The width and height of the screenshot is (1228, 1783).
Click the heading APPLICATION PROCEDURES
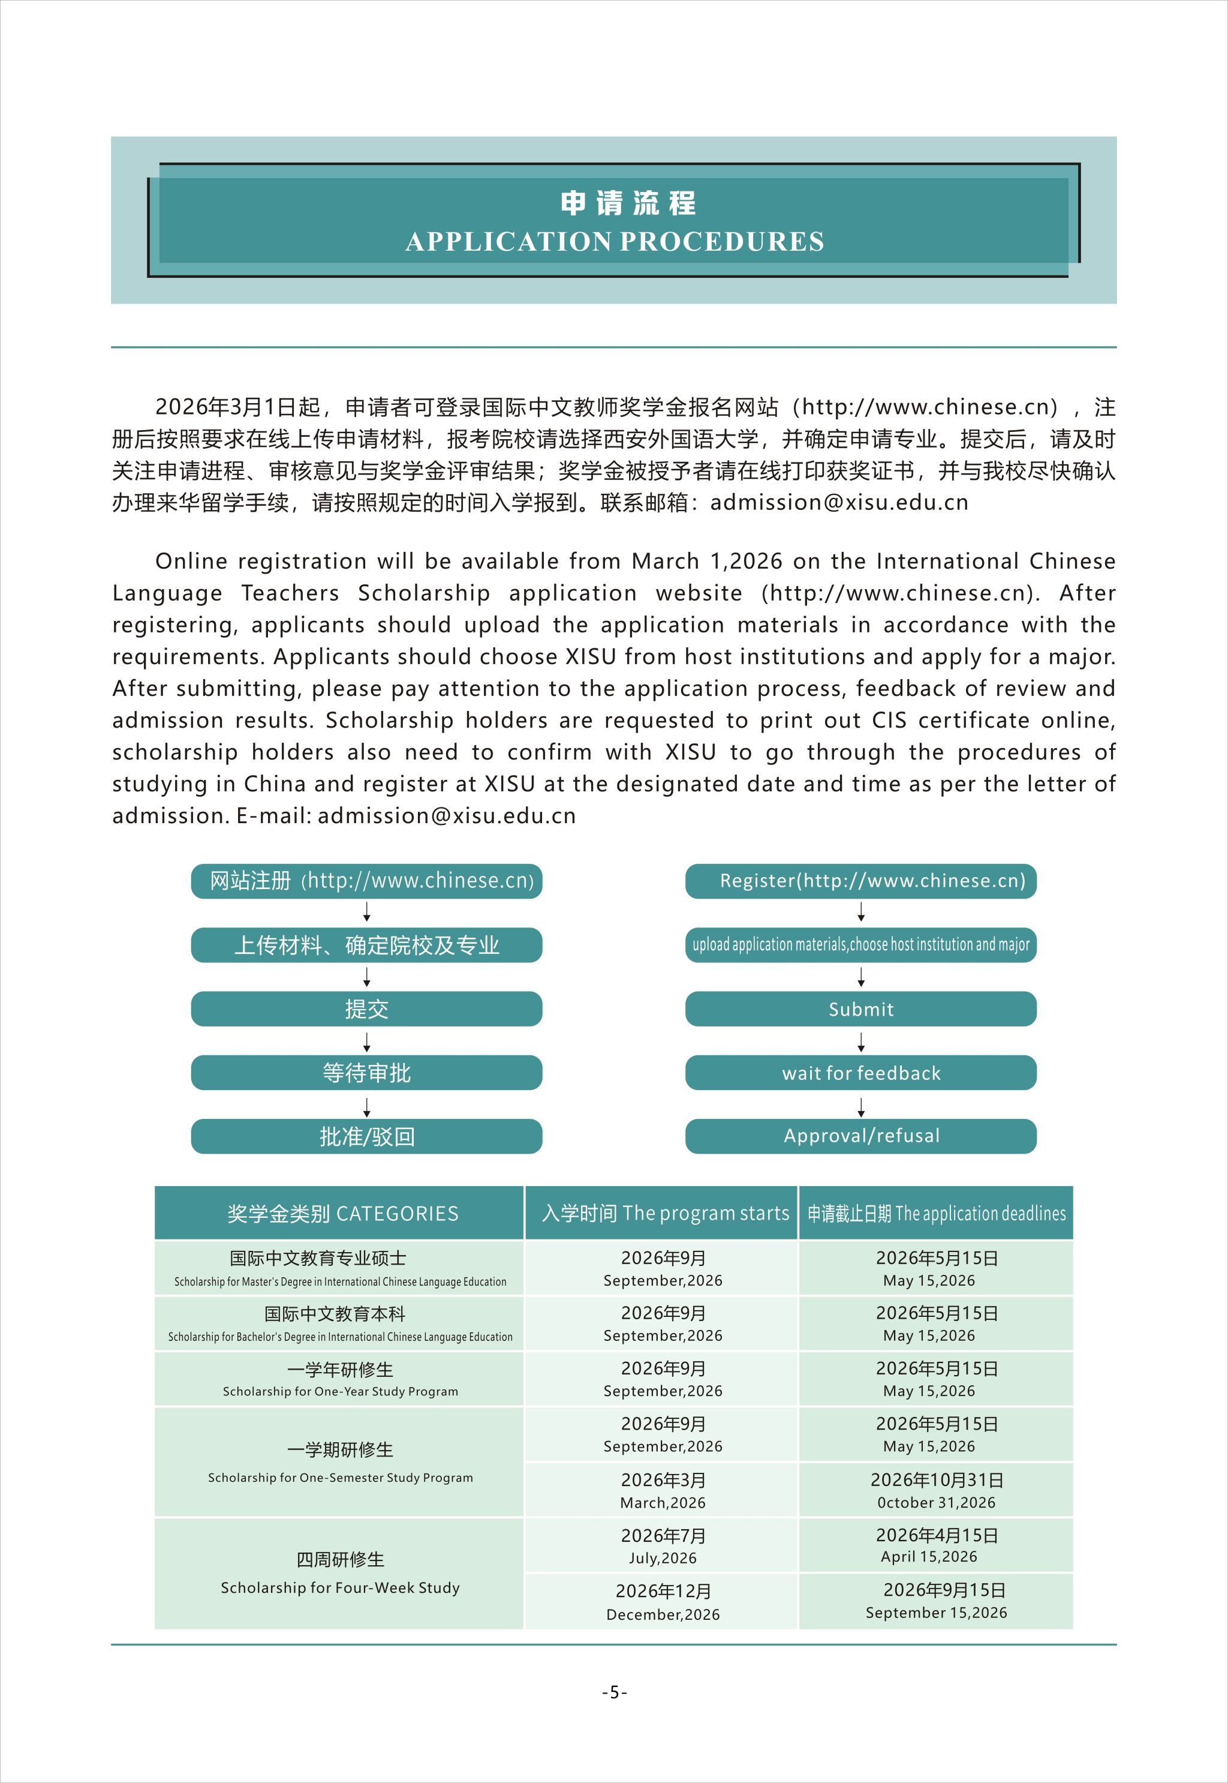[614, 242]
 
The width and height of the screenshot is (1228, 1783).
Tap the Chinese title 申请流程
[628, 203]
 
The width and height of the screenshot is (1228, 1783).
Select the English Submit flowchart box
[860, 1008]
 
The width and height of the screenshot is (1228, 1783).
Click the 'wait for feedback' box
[860, 1073]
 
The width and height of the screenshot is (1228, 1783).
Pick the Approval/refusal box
[860, 1136]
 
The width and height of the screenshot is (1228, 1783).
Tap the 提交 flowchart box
[366, 1008]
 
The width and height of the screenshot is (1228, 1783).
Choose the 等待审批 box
[366, 1073]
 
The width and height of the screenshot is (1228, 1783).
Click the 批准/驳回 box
[366, 1136]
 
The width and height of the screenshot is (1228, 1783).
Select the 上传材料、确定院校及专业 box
[366, 945]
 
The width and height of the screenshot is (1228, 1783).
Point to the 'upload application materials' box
[860, 945]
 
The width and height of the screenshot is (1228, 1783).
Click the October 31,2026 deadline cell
[935, 1490]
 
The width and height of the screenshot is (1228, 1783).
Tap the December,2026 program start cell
[663, 1601]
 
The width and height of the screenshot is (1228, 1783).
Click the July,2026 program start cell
[663, 1546]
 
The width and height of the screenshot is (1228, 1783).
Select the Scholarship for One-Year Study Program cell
[339, 1380]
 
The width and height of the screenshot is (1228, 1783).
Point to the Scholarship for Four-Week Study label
[339, 1587]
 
